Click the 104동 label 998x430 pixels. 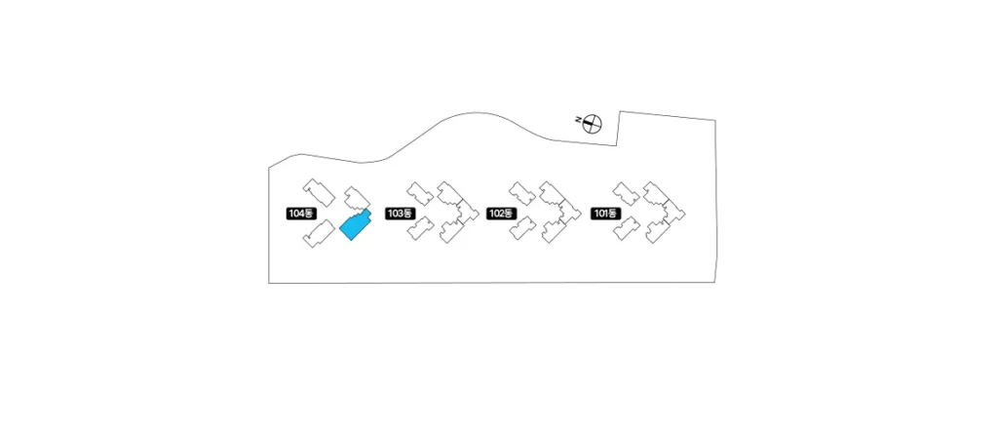301,214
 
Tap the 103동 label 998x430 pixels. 400,214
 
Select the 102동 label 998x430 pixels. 501,214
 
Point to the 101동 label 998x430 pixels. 605,214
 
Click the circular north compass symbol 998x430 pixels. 593,124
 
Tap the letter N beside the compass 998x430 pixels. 578,119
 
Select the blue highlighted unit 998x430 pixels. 355,225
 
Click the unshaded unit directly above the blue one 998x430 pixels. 357,198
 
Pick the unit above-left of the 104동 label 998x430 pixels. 319,192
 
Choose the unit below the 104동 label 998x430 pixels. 319,233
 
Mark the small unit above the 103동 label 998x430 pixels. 420,194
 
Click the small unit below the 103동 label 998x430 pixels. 421,228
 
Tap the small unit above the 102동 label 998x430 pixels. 522,194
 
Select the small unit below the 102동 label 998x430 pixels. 522,228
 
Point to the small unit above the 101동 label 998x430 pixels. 627,194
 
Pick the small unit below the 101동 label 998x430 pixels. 627,228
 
